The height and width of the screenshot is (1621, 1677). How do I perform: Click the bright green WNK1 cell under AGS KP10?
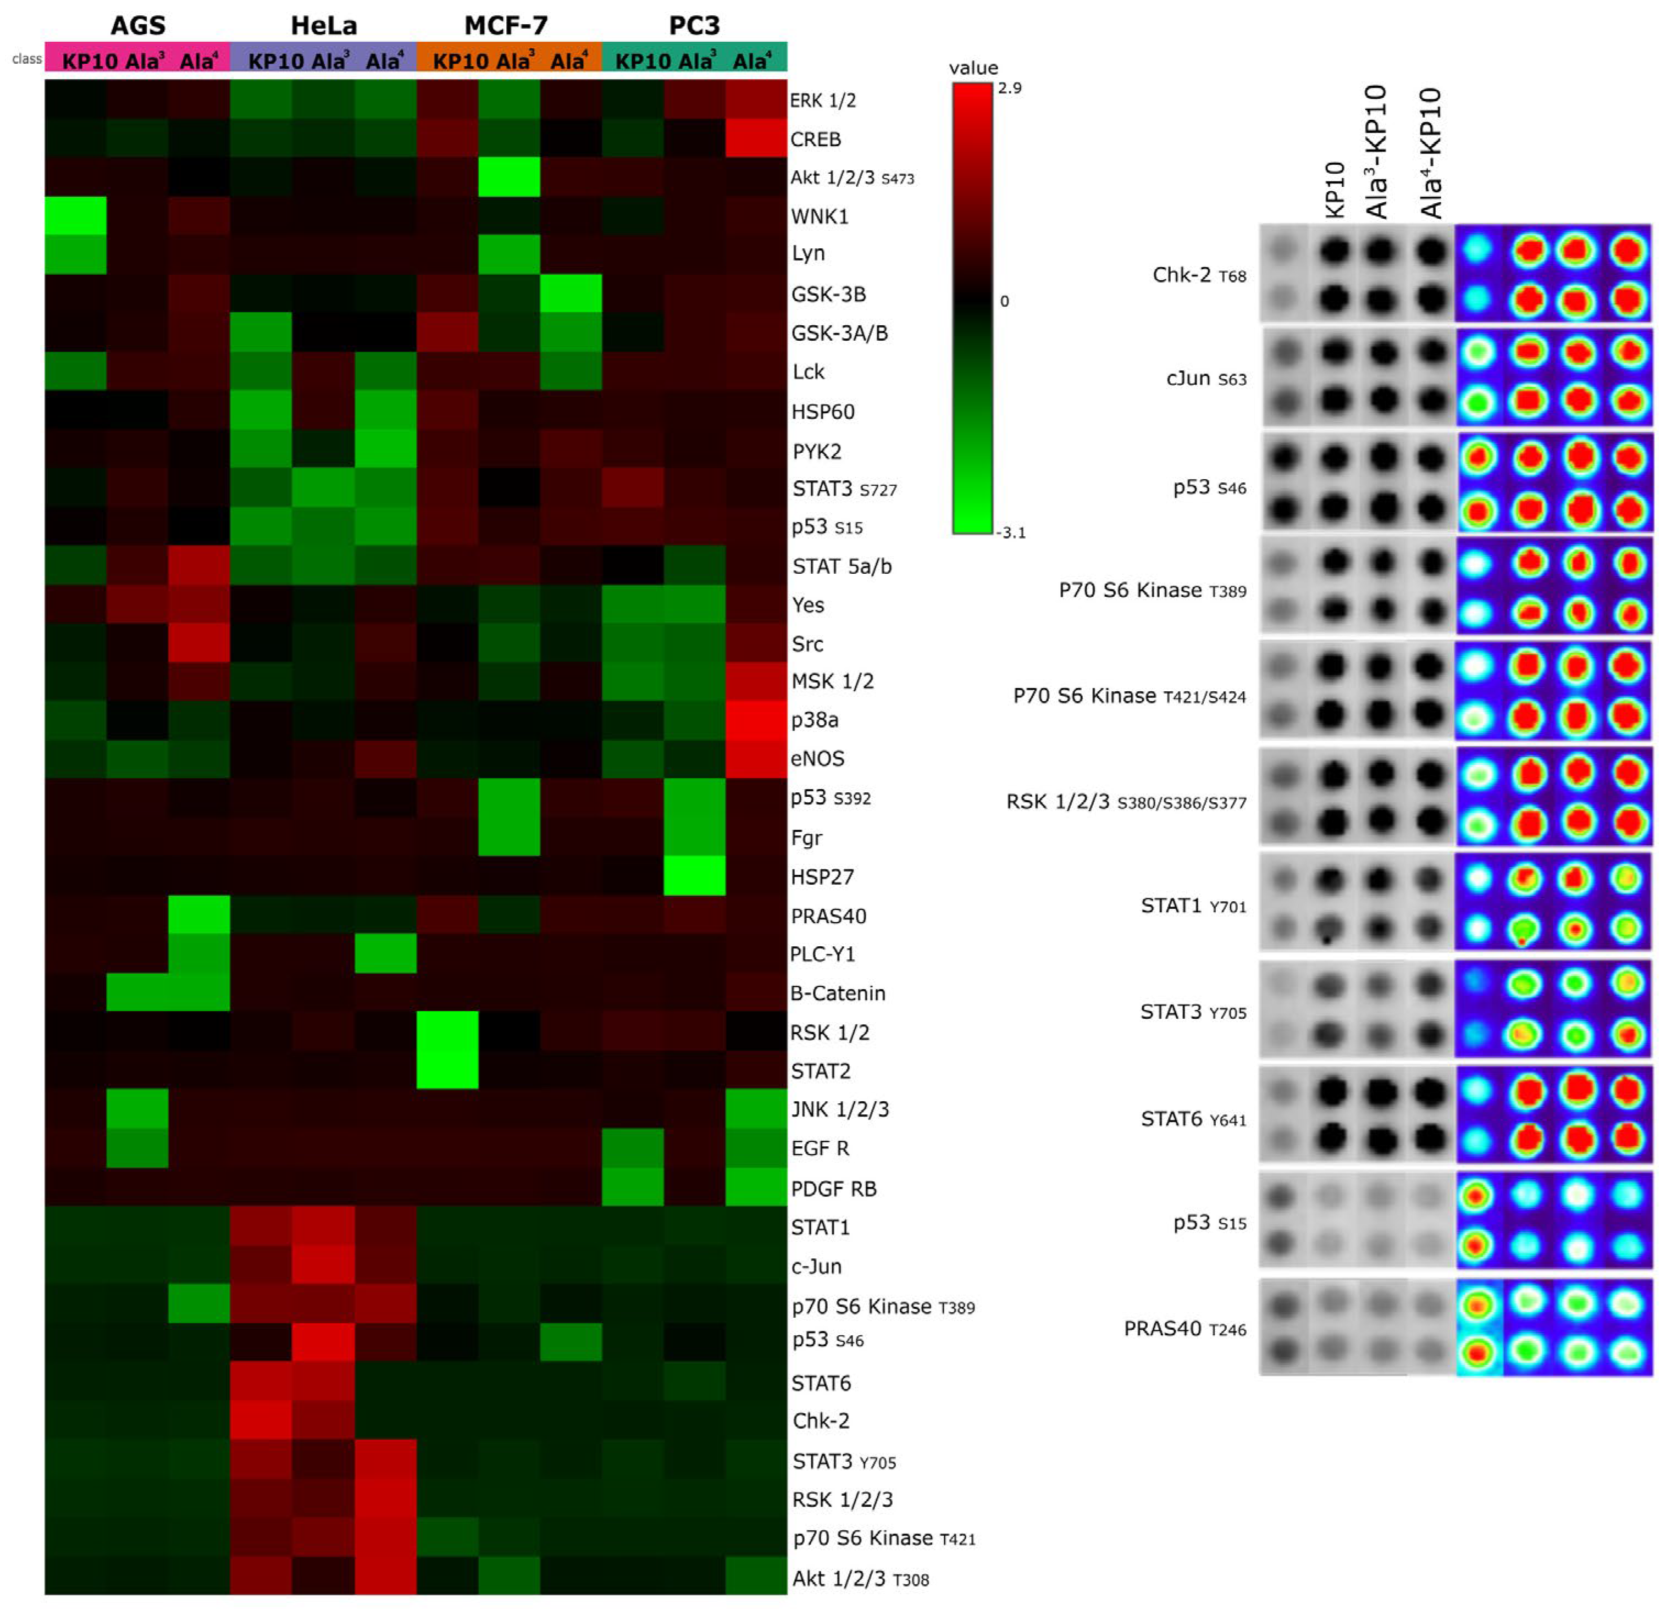pos(75,215)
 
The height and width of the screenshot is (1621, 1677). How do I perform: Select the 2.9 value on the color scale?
pos(1010,88)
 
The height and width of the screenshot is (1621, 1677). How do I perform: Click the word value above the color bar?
pos(973,68)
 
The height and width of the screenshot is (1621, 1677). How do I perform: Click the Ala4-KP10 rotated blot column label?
pos(1430,152)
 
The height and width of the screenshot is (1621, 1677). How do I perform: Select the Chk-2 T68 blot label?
pos(1199,275)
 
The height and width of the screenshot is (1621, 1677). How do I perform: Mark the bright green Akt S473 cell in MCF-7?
pos(508,177)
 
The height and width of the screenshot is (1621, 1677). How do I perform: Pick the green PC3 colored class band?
pos(694,57)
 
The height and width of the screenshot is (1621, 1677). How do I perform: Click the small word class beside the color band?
pos(26,59)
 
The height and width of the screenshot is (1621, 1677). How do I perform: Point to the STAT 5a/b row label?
pos(841,567)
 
